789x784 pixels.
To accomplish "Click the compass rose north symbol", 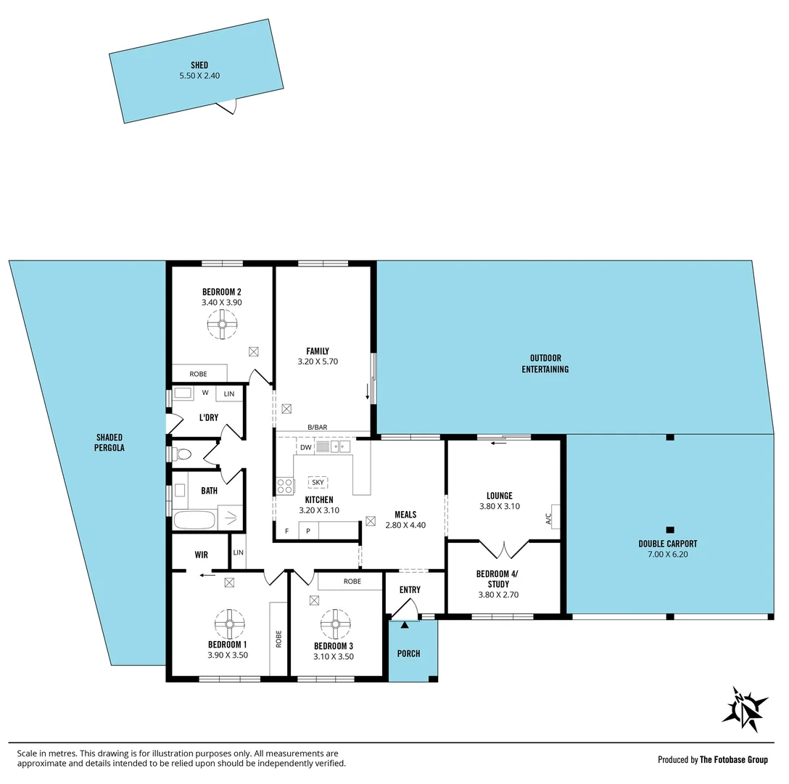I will [745, 709].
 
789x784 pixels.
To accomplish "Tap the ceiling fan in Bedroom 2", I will [223, 324].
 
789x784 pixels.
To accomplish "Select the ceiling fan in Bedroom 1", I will [230, 623].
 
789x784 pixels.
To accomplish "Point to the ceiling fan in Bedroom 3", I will [336, 623].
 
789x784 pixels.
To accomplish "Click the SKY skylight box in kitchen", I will [318, 482].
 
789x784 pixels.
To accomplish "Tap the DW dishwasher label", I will [305, 447].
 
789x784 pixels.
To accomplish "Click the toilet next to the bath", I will [182, 454].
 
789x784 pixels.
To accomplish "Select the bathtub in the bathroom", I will [195, 520].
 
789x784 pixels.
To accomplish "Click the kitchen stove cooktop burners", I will [285, 486].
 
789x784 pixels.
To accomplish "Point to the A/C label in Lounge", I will [548, 518].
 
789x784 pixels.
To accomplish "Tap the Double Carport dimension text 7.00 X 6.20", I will [668, 554].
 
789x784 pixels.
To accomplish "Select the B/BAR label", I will [318, 428].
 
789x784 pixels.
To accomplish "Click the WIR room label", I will [202, 555].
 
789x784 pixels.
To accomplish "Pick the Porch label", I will [409, 653].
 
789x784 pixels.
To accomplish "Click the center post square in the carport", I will [670, 529].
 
